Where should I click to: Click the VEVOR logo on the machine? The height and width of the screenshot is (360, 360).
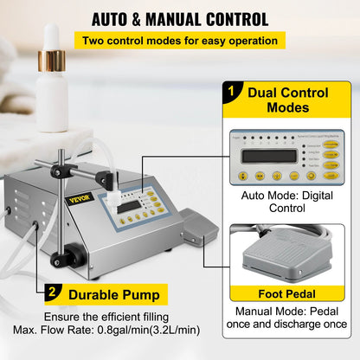(x=79, y=199)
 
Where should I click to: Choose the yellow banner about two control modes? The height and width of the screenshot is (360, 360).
(x=180, y=41)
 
